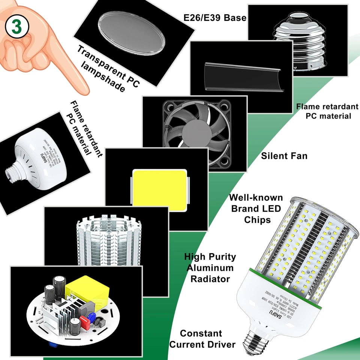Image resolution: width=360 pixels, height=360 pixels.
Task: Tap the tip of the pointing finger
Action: [x=85, y=91]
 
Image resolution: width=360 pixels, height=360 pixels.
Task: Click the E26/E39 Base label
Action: [x=215, y=18]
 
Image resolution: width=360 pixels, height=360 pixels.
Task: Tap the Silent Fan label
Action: [x=284, y=156]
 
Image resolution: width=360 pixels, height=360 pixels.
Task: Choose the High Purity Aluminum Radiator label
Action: [x=210, y=268]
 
